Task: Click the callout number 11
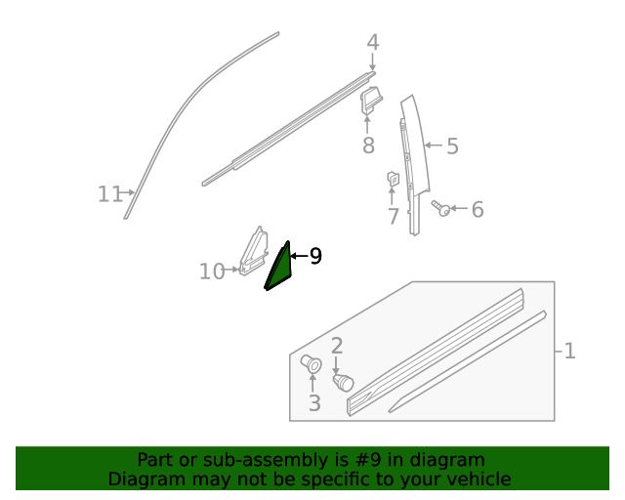coord(109,194)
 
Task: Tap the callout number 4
coord(372,43)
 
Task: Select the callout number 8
coord(368,146)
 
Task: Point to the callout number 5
coord(452,146)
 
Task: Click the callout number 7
coord(393,216)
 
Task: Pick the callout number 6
coord(478,209)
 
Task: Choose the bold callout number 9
coord(314,256)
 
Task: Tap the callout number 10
coord(211,271)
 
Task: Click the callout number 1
coord(569,351)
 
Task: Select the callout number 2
coord(337,345)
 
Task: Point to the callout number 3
coord(313,402)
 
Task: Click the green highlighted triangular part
coord(279,269)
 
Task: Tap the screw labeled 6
coord(441,208)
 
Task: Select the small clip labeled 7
coord(393,179)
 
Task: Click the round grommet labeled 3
coord(312,364)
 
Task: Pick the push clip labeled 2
coord(343,382)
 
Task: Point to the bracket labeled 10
coord(253,252)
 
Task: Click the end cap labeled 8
coord(372,101)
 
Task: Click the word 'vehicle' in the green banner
coord(476,479)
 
